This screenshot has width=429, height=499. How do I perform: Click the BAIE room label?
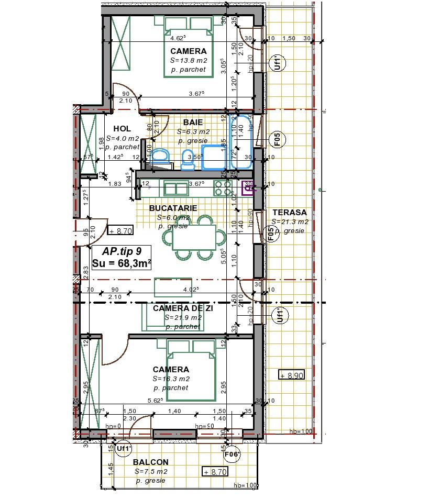(x=193, y=123)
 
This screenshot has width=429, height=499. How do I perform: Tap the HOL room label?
(x=122, y=129)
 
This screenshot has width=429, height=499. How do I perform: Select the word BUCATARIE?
(x=173, y=208)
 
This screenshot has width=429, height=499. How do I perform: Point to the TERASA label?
(x=290, y=213)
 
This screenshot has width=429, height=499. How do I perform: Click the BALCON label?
(x=150, y=462)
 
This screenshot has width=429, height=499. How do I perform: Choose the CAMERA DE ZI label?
(x=183, y=308)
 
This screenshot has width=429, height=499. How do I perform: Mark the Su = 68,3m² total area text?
(x=122, y=263)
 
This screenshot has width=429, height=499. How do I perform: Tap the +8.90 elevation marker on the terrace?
(x=291, y=375)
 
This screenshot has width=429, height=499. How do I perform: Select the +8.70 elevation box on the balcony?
(x=215, y=472)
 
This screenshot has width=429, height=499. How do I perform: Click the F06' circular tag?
(x=232, y=454)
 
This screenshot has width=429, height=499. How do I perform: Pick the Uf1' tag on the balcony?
(x=124, y=448)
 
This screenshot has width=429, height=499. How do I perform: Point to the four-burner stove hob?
(x=223, y=188)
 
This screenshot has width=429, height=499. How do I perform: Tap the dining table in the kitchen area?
(x=194, y=237)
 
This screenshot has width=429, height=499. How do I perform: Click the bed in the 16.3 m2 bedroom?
(x=191, y=370)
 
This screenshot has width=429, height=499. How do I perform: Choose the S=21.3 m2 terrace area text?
(x=290, y=222)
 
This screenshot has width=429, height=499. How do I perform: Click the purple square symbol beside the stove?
(x=248, y=187)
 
